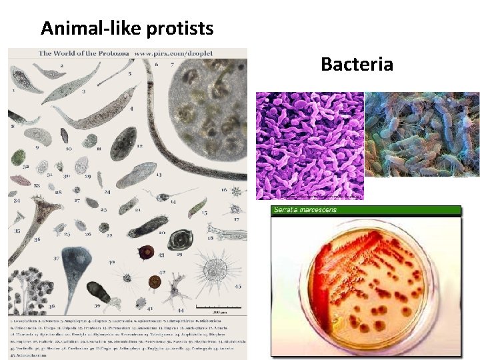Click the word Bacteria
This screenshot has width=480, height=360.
pyautogui.click(x=357, y=64)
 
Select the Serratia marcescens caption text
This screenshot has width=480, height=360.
pyautogui.click(x=305, y=210)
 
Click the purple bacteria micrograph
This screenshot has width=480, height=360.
pyautogui.click(x=310, y=145)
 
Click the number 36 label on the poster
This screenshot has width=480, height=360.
pyautogui.click(x=38, y=238)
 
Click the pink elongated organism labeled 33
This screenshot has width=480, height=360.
pyautogui.click(x=22, y=181)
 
